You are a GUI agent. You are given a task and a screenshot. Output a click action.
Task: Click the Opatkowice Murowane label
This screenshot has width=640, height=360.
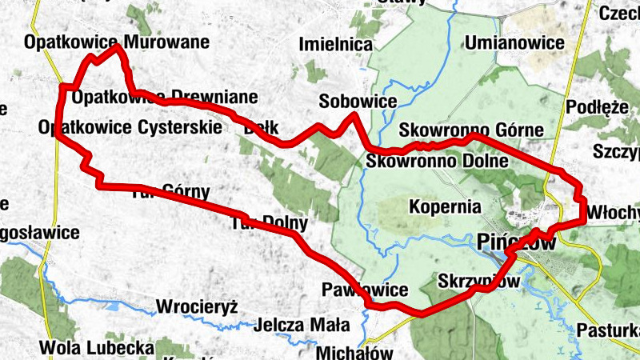(x=117, y=41)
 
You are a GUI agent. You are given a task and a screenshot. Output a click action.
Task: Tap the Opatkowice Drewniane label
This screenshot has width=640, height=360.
(x=165, y=98)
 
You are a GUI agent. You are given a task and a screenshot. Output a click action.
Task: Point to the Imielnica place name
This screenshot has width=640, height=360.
(x=336, y=45)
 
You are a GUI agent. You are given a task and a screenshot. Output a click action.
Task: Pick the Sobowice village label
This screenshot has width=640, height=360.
(x=358, y=102)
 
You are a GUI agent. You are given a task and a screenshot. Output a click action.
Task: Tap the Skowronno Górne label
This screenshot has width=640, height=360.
(x=471, y=130)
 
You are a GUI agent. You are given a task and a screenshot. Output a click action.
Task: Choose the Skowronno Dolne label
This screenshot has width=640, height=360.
(x=438, y=161)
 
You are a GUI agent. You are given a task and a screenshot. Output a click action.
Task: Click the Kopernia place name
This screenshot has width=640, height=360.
(x=443, y=206)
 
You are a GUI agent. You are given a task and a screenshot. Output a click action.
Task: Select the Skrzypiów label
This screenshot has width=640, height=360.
(x=479, y=282)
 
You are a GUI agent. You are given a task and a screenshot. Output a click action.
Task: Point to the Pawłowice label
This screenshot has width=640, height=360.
(x=365, y=289)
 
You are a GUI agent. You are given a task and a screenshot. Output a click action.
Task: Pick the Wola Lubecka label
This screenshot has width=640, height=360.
(x=96, y=348)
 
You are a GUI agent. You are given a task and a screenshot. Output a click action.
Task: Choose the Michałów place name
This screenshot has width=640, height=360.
(x=354, y=352)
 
